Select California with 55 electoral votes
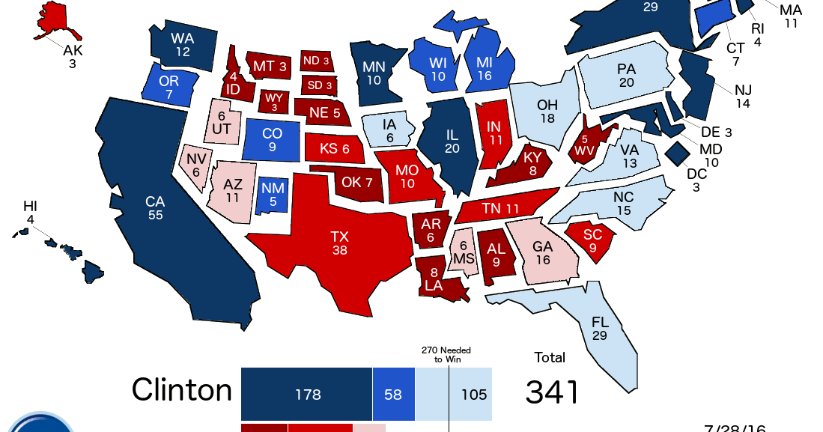154,210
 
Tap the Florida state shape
599,329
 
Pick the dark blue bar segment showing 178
307,394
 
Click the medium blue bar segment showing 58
393,394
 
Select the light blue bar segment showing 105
454,394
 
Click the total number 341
552,392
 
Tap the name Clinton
182,390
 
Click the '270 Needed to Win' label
446,354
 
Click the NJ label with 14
742,97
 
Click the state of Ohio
546,112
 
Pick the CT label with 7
735,54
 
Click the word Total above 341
550,357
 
